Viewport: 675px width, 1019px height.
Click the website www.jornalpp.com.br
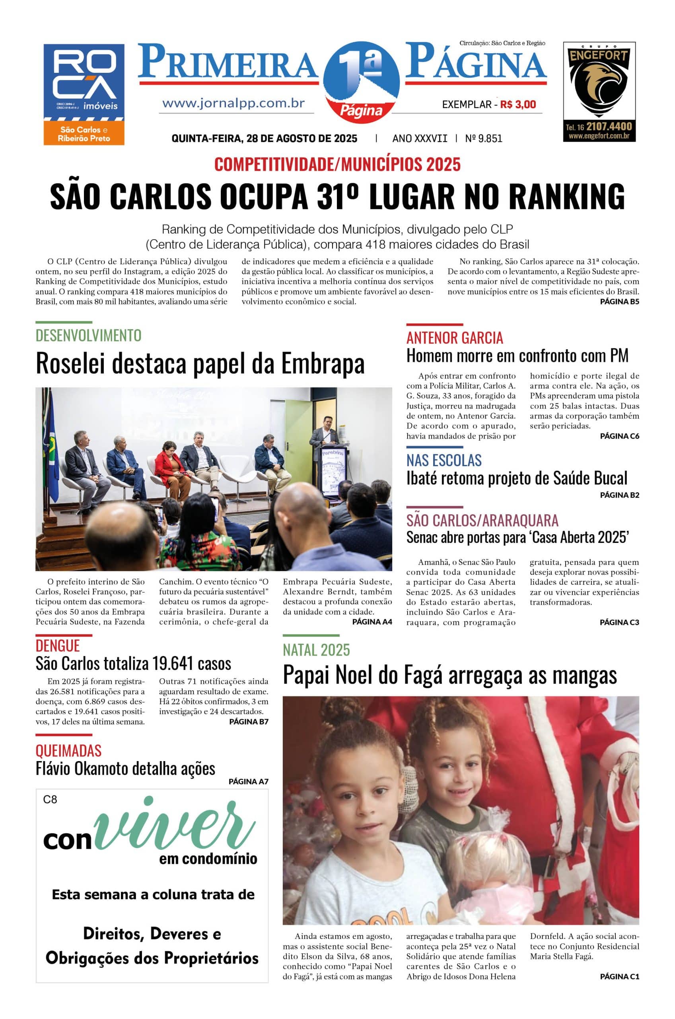click(x=233, y=104)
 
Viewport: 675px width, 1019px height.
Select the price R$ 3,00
click(x=518, y=104)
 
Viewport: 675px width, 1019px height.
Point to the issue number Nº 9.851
click(x=483, y=139)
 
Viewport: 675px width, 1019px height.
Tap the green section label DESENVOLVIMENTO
click(x=88, y=336)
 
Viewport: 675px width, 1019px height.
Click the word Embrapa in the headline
click(x=323, y=363)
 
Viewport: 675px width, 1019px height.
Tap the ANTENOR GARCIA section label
click(x=455, y=338)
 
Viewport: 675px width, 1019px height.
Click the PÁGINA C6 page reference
click(x=619, y=436)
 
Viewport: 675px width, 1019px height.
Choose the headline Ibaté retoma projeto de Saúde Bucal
click(x=517, y=478)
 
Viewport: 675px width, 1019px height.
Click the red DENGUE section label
click(x=58, y=646)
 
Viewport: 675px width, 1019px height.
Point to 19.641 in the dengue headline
click(x=173, y=664)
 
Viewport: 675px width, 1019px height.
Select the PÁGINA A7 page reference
click(x=248, y=782)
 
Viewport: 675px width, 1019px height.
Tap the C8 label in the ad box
click(x=50, y=800)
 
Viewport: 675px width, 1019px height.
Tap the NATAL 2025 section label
click(x=316, y=650)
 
